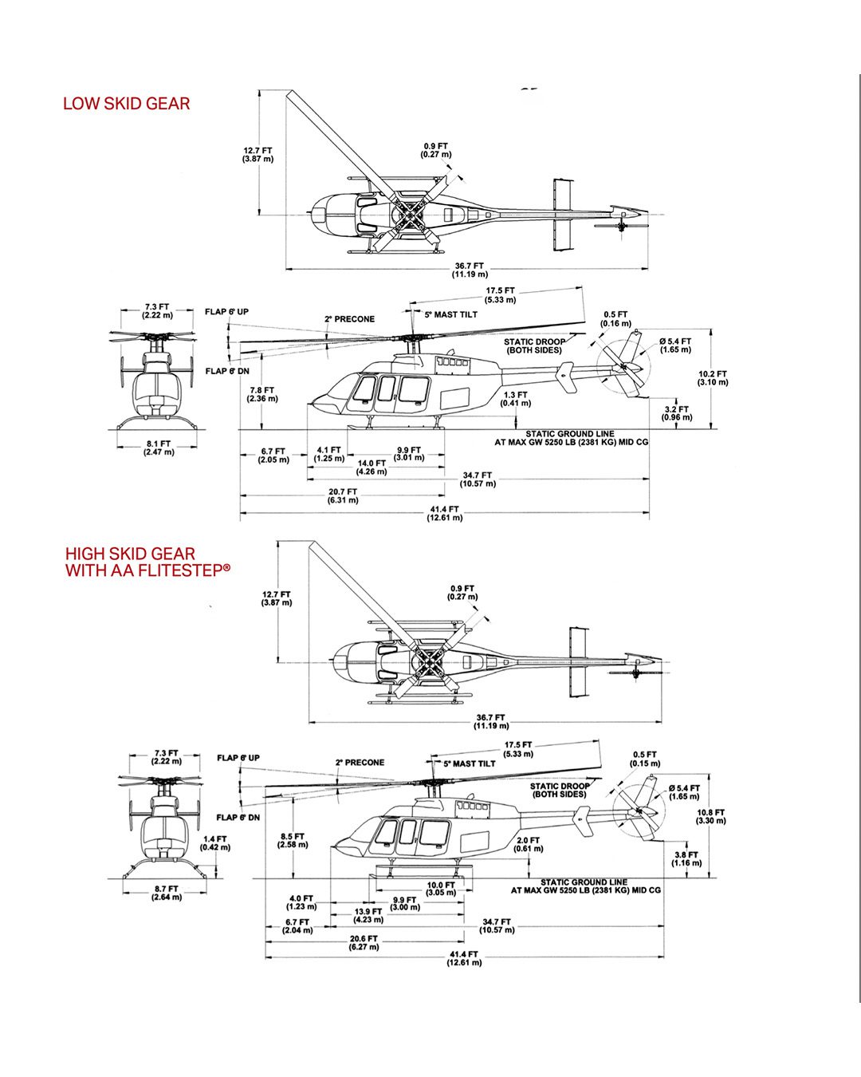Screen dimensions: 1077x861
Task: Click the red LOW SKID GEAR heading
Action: (126, 104)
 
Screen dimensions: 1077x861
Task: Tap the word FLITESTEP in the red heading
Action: (179, 570)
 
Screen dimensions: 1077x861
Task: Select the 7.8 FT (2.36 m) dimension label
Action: (261, 394)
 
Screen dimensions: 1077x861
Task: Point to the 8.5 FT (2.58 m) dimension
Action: (293, 841)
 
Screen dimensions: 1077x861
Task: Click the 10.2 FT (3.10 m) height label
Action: (712, 378)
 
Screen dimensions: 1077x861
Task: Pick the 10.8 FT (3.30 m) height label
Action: (710, 817)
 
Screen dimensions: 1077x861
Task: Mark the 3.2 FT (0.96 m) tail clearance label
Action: (677, 413)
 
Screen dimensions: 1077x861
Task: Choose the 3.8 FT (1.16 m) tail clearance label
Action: (686, 859)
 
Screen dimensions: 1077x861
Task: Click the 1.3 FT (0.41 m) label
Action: (515, 399)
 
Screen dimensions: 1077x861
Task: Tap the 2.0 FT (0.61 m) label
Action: (528, 845)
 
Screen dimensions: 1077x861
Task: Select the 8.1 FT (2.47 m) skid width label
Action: (158, 448)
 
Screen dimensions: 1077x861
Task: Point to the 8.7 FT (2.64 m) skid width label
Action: (167, 893)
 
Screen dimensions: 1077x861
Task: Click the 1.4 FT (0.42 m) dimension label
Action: (214, 843)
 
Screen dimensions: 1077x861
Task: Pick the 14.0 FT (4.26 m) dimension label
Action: (372, 467)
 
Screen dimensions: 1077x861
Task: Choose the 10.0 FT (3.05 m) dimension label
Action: (441, 889)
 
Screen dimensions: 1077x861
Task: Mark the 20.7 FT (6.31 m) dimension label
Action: (343, 496)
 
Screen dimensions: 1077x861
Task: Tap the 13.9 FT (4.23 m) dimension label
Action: (368, 915)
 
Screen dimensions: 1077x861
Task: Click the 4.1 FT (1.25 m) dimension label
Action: (328, 455)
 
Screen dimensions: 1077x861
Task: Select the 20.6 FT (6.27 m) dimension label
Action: (364, 943)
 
